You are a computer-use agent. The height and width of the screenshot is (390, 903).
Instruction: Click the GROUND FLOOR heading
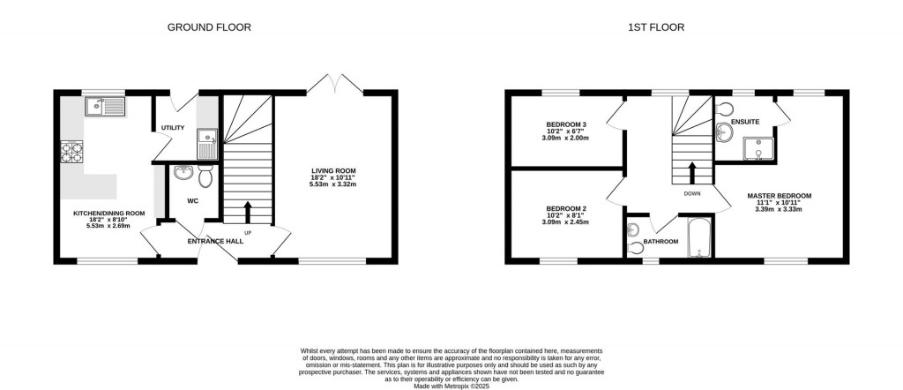tap(209, 27)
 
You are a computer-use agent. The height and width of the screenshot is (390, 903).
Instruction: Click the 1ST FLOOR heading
tap(656, 27)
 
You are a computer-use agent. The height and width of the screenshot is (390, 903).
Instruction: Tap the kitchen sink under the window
tap(105, 108)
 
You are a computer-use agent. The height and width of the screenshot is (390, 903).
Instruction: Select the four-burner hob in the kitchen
tap(71, 155)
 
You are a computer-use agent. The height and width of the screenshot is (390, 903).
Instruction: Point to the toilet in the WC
tap(205, 177)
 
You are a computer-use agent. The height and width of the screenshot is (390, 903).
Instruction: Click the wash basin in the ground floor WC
tap(184, 172)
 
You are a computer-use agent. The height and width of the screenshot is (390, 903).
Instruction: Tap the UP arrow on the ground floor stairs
tap(247, 211)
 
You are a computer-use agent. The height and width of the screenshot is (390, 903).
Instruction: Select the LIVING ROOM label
tap(332, 171)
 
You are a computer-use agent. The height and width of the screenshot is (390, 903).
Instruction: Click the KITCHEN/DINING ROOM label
tap(108, 213)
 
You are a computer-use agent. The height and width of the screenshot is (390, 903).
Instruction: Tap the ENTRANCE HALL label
tap(215, 241)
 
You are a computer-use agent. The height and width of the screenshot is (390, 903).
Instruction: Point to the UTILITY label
tap(173, 129)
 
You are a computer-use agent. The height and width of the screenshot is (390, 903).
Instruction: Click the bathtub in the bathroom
tap(698, 237)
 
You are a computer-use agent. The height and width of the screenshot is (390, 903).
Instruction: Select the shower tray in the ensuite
tap(757, 150)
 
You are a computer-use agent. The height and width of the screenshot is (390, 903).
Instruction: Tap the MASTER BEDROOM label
tap(779, 195)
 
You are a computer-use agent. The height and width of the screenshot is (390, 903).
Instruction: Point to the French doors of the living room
tap(336, 84)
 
